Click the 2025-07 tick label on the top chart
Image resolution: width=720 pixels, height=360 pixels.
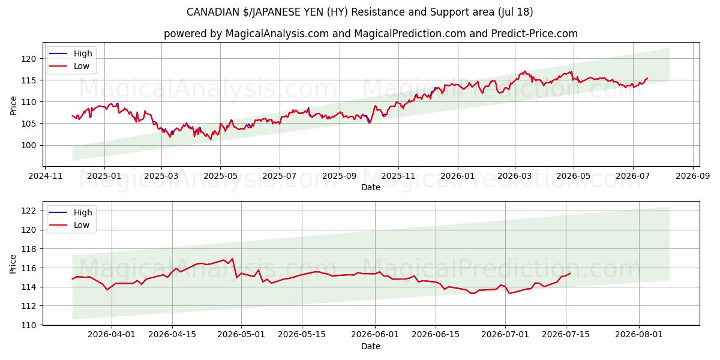pyautogui.click(x=280, y=176)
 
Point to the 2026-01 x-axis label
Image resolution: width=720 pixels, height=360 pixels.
pyautogui.click(x=457, y=176)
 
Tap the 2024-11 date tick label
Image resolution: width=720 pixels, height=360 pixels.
pyautogui.click(x=45, y=176)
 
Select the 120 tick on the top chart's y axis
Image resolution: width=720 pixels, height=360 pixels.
pyautogui.click(x=29, y=59)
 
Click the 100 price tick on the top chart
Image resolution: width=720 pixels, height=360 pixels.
pyautogui.click(x=29, y=145)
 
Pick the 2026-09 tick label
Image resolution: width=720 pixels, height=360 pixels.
pyautogui.click(x=692, y=176)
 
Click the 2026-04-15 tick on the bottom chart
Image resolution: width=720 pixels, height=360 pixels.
pyautogui.click(x=172, y=335)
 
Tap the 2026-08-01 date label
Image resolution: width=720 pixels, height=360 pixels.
pyautogui.click(x=639, y=335)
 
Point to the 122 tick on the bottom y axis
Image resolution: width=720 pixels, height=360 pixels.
pyautogui.click(x=29, y=211)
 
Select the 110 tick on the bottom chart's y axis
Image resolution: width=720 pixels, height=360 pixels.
pyautogui.click(x=29, y=325)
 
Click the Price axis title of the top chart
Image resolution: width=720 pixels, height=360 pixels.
pyautogui.click(x=13, y=106)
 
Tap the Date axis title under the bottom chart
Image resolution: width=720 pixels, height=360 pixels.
pyautogui.click(x=371, y=346)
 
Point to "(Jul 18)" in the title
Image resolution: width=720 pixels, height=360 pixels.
pyautogui.click(x=515, y=12)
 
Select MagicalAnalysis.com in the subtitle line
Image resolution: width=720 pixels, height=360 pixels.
pyautogui.click(x=277, y=34)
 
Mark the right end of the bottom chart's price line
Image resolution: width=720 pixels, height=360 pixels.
pyautogui.click(x=570, y=274)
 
